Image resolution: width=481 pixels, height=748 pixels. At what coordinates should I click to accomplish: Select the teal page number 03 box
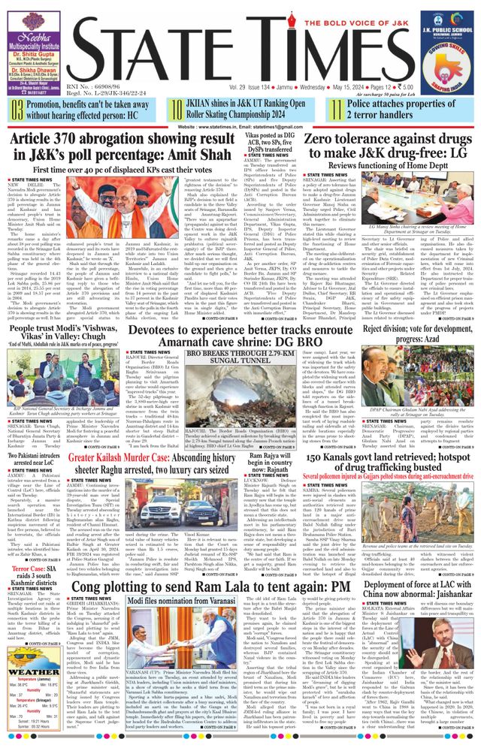click(17, 110)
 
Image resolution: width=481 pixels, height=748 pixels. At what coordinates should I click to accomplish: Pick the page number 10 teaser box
click(175, 110)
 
